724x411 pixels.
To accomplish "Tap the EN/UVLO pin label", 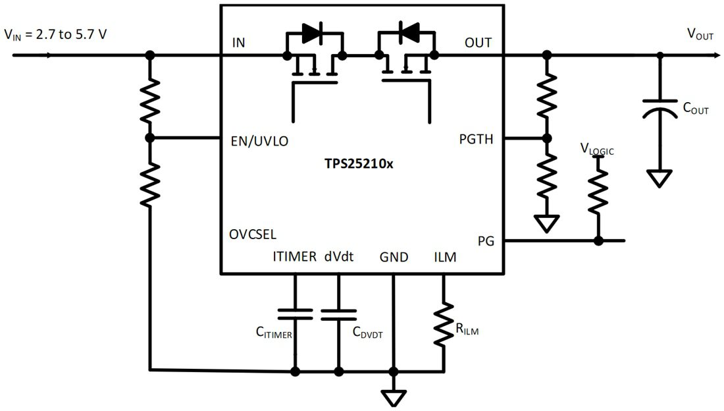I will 260,140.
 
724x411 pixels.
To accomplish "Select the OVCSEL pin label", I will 253,234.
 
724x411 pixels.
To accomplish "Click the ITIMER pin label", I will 294,257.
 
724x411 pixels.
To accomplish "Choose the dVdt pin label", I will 339,257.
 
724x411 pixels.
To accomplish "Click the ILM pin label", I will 444,257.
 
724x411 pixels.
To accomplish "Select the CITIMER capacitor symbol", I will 295,314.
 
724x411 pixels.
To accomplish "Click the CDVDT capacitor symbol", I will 338,314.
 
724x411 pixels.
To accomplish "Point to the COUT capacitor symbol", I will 660,108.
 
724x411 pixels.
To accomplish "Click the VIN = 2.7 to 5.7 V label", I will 55,34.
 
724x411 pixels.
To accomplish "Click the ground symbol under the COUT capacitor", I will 660,178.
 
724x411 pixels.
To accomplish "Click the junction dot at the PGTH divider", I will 546,139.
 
